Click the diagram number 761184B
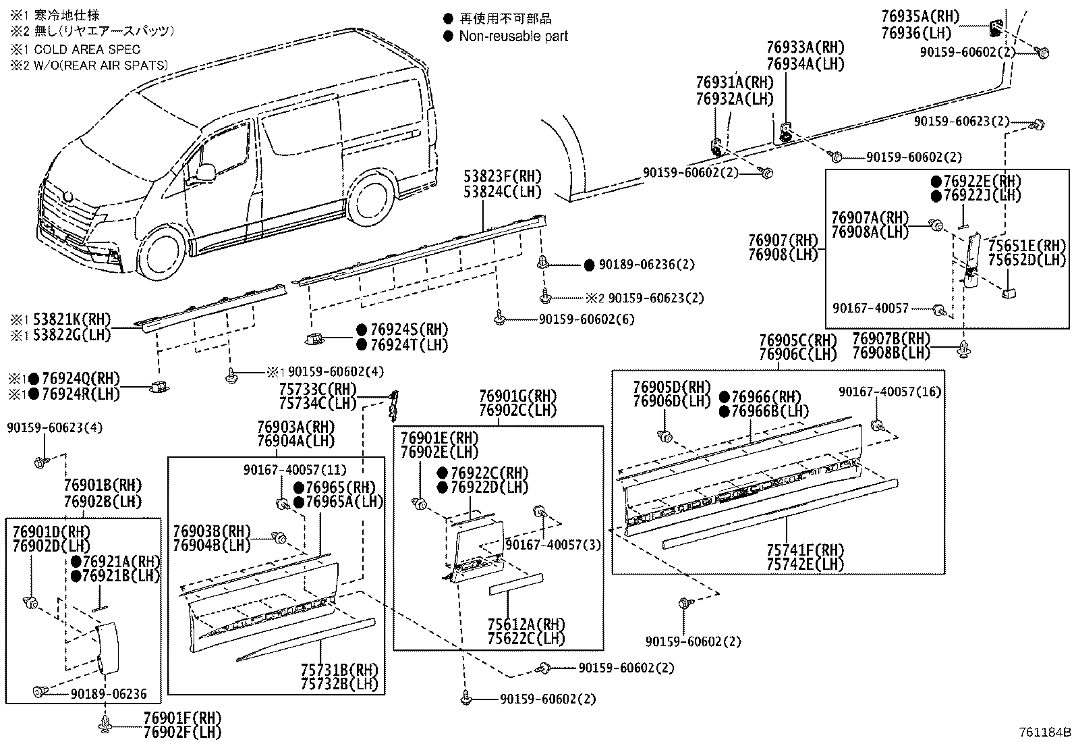click(1044, 732)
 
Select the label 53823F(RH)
click(502, 177)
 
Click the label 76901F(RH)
click(182, 717)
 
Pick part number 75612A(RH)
click(526, 624)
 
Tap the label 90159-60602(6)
click(586, 319)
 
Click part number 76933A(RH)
click(805, 48)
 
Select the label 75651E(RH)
click(1027, 246)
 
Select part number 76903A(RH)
click(295, 427)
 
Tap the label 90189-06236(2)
click(646, 265)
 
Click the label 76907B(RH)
click(891, 338)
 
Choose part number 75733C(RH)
click(318, 389)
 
